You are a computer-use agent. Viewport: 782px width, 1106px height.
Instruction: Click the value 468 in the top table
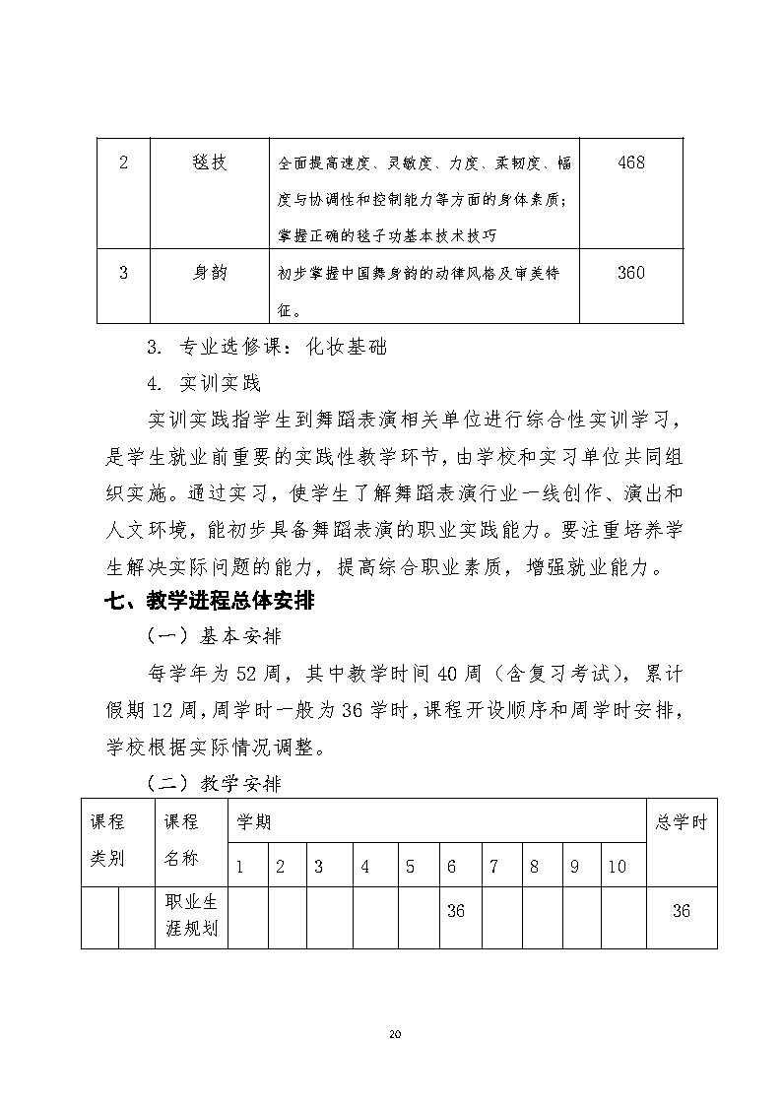click(630, 163)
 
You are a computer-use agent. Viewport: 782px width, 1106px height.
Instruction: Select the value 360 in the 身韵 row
click(630, 273)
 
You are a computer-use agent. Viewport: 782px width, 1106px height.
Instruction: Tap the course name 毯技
click(209, 163)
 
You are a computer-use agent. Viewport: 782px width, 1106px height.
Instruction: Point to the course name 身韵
click(209, 273)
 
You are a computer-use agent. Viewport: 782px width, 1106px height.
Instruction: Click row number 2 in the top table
click(123, 163)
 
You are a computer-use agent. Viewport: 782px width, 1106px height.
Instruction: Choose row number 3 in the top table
click(123, 273)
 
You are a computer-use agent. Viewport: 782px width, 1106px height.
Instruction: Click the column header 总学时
click(682, 822)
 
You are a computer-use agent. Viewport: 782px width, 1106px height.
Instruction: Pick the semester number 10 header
click(617, 868)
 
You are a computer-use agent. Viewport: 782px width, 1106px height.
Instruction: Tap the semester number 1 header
click(239, 868)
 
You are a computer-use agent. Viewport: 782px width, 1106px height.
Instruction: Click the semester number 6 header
click(451, 868)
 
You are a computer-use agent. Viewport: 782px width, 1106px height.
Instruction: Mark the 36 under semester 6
click(455, 911)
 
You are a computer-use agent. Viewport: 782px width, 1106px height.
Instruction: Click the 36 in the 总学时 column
click(681, 911)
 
